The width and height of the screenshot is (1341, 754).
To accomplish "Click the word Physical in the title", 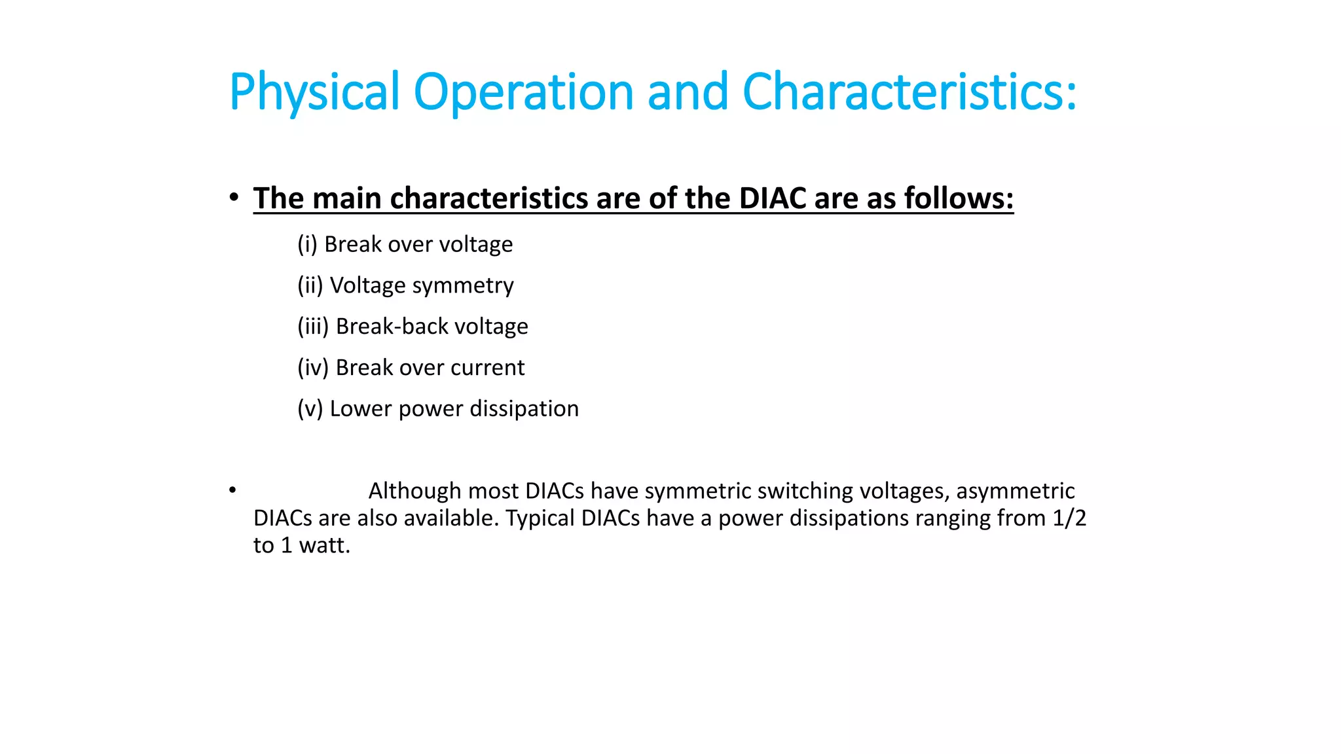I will [x=314, y=92].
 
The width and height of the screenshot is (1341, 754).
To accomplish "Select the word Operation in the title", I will [x=523, y=92].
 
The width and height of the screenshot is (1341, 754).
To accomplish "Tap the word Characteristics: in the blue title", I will [x=909, y=92].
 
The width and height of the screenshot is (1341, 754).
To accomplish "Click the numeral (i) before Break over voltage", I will [x=307, y=245].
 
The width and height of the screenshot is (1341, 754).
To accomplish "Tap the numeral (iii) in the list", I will [x=313, y=327].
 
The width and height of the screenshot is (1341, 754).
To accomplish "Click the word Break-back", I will [x=392, y=327].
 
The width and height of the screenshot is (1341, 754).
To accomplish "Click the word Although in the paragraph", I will [x=414, y=491].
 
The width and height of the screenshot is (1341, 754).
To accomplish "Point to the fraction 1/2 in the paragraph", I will [x=1069, y=518].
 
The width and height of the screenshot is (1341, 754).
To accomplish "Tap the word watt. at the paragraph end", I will [x=325, y=545].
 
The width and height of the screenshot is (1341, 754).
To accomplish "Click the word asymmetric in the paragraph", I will [x=1015, y=491].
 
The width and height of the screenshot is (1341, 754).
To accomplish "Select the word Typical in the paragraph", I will [x=540, y=518].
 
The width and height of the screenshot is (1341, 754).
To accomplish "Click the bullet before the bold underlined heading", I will [x=234, y=197].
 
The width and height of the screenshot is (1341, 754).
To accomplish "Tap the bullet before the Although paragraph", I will [x=232, y=490].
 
